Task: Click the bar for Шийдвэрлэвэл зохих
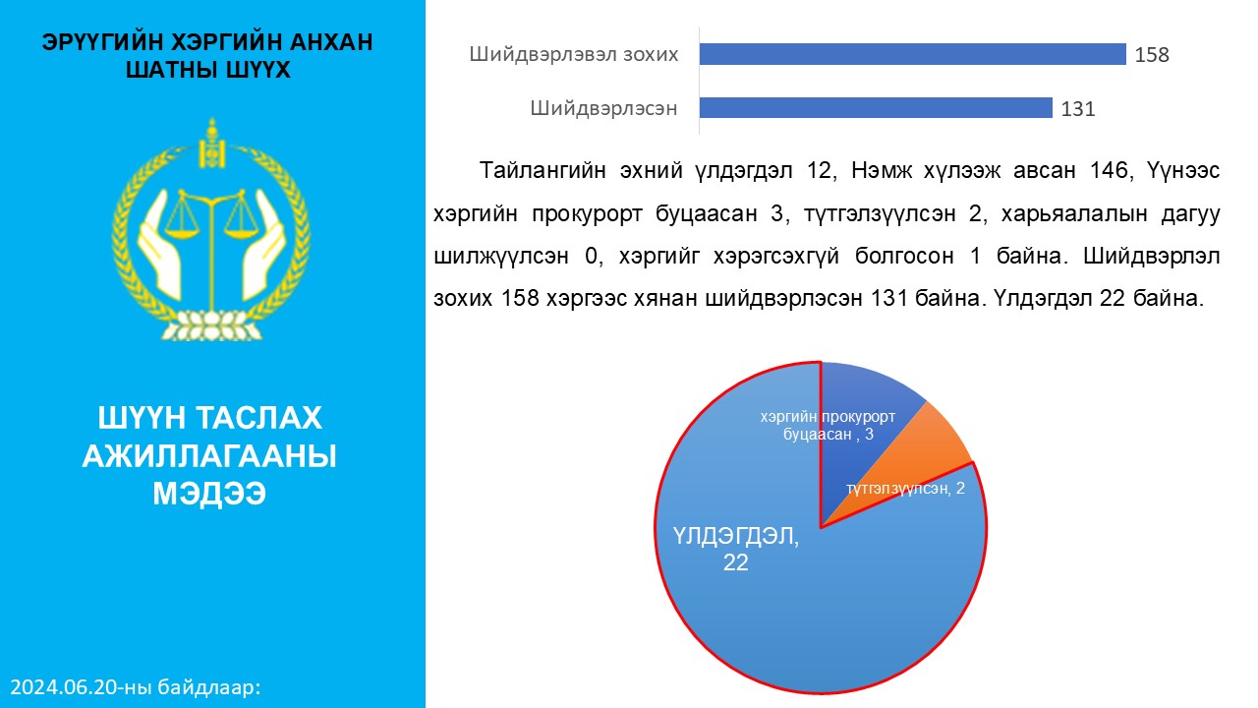click(913, 54)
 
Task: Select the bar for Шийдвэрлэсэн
click(876, 108)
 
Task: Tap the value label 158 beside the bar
click(1152, 55)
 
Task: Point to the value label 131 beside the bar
click(1078, 109)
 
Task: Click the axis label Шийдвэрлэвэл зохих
click(574, 54)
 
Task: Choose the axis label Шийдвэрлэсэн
click(603, 108)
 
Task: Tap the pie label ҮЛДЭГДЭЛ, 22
click(736, 549)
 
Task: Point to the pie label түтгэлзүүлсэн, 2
click(905, 489)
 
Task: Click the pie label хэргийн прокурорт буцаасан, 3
click(828, 426)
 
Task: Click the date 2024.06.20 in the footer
click(65, 687)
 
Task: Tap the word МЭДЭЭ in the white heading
click(209, 494)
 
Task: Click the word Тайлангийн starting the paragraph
click(543, 170)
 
